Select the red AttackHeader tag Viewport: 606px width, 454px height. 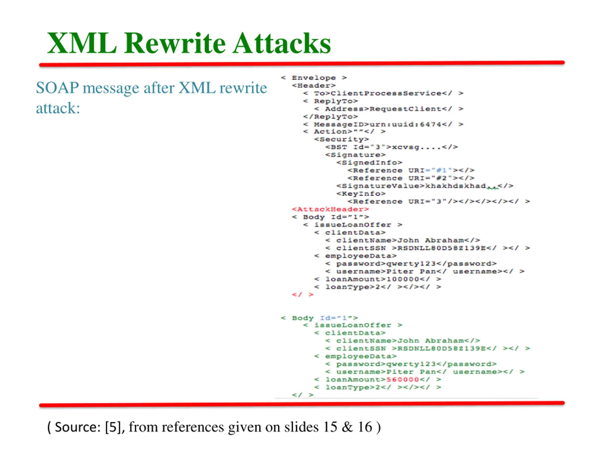(x=330, y=209)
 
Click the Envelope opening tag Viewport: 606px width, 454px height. (x=314, y=78)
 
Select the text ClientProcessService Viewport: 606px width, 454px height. (x=386, y=93)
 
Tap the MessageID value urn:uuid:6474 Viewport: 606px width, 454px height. (x=405, y=125)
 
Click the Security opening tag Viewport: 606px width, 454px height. (x=341, y=139)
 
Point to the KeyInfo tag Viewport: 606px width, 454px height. (x=361, y=194)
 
